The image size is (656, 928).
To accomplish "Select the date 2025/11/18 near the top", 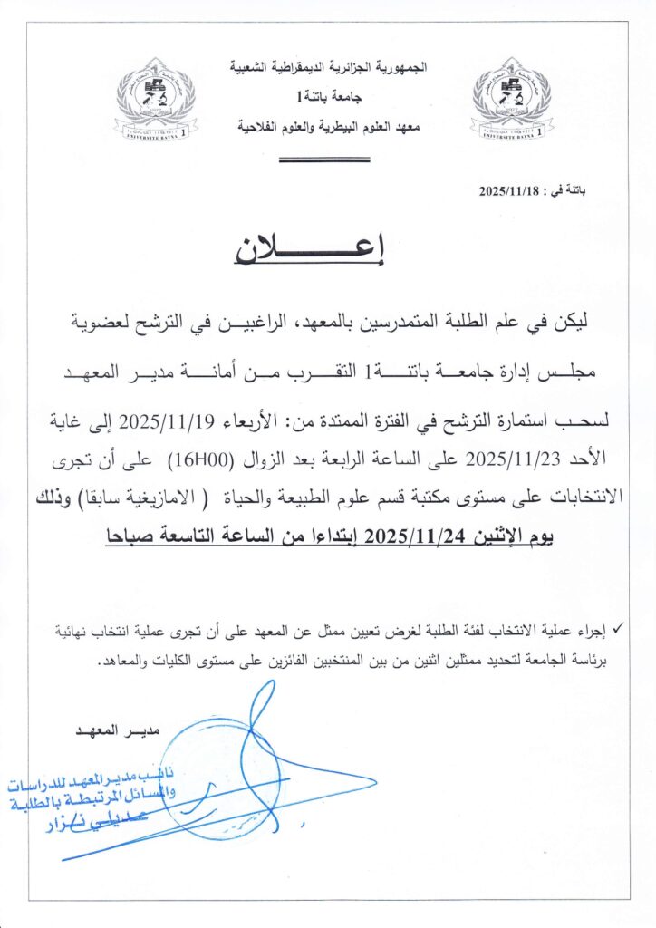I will pos(509,192).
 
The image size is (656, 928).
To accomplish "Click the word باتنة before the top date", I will pos(570,192).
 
